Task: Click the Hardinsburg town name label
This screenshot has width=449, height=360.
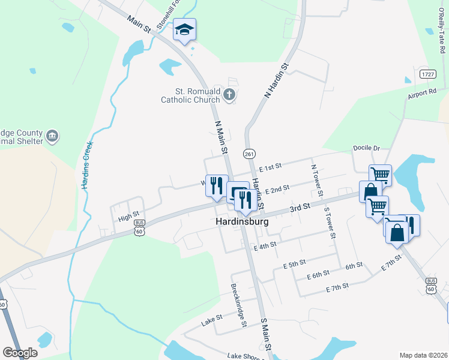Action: click(241, 221)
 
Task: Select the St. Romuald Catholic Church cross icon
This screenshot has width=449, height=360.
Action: click(229, 94)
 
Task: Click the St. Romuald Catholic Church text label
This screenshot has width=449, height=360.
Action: click(190, 96)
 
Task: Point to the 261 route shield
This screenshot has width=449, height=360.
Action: click(249, 154)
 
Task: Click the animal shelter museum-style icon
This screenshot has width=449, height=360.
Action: click(52, 136)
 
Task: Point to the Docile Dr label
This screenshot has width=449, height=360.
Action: click(368, 148)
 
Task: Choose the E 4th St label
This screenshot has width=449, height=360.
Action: click(265, 245)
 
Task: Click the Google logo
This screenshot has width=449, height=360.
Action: click(20, 353)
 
